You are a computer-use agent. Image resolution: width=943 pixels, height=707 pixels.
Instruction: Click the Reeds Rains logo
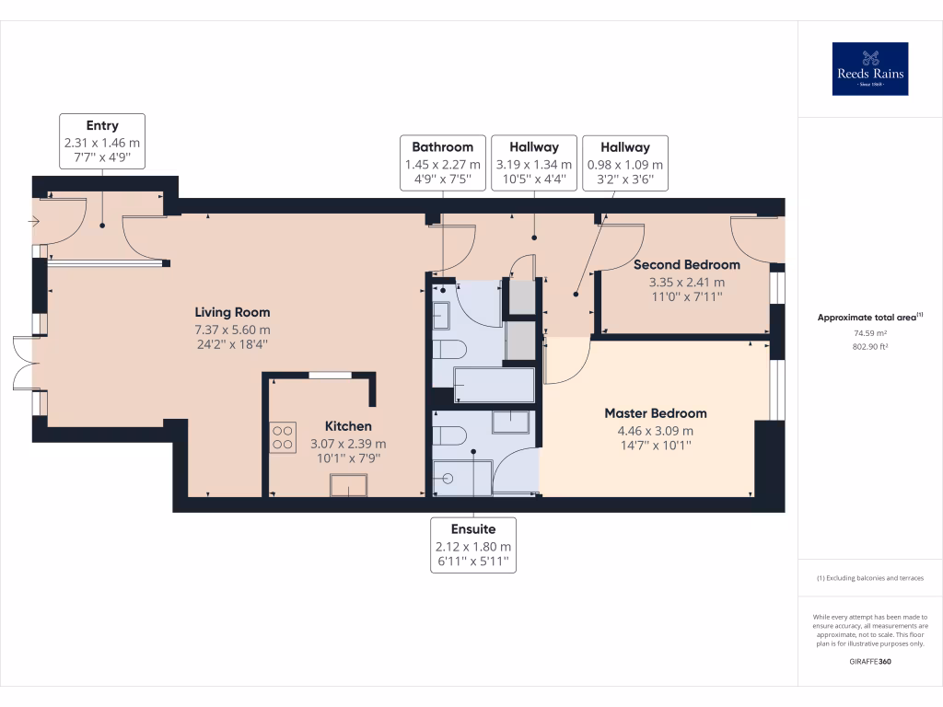pyautogui.click(x=869, y=68)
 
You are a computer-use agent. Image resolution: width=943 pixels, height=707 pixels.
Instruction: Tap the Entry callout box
pyautogui.click(x=102, y=141)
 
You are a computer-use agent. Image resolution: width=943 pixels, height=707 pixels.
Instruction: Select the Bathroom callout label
pyautogui.click(x=443, y=163)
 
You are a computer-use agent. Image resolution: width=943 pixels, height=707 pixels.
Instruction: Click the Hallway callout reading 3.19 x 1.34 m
pyautogui.click(x=534, y=163)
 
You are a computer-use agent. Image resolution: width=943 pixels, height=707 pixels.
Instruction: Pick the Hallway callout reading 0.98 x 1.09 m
pyautogui.click(x=625, y=163)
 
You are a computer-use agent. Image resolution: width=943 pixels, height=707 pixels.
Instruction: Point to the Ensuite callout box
pyautogui.click(x=473, y=545)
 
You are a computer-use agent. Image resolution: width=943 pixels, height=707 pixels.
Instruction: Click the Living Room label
pyautogui.click(x=232, y=312)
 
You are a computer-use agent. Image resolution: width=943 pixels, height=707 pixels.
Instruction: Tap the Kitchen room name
pyautogui.click(x=348, y=426)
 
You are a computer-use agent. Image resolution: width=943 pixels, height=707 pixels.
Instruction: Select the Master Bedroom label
pyautogui.click(x=656, y=413)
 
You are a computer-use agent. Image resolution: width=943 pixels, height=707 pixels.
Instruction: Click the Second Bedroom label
pyautogui.click(x=687, y=264)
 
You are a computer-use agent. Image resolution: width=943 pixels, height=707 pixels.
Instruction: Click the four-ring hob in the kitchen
pyautogui.click(x=283, y=437)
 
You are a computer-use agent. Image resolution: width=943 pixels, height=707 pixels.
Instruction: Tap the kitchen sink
pyautogui.click(x=348, y=485)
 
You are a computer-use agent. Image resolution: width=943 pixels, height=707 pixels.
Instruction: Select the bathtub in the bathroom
pyautogui.click(x=495, y=385)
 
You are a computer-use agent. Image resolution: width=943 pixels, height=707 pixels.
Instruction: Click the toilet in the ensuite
pyautogui.click(x=449, y=435)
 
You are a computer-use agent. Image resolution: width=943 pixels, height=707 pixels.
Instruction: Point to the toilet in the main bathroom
pyautogui.click(x=449, y=350)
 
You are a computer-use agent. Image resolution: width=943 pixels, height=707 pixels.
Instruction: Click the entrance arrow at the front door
pyautogui.click(x=34, y=222)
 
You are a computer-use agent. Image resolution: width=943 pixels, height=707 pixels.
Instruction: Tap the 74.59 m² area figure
pyautogui.click(x=870, y=333)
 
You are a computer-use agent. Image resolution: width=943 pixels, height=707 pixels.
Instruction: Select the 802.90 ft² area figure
pyautogui.click(x=870, y=347)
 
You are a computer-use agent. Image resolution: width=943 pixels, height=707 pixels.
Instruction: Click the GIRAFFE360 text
pyautogui.click(x=870, y=661)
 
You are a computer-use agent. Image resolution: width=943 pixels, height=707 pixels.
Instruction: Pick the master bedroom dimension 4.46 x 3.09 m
pyautogui.click(x=656, y=431)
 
